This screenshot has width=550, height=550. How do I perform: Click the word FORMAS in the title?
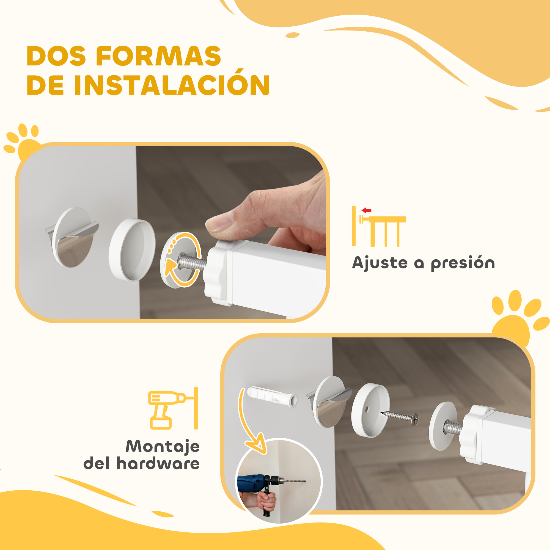coord(158,56)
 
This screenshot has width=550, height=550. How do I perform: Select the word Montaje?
coord(163,446)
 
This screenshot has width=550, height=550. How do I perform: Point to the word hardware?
coord(158,463)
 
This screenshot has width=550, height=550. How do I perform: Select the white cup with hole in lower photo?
coord(370,410)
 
